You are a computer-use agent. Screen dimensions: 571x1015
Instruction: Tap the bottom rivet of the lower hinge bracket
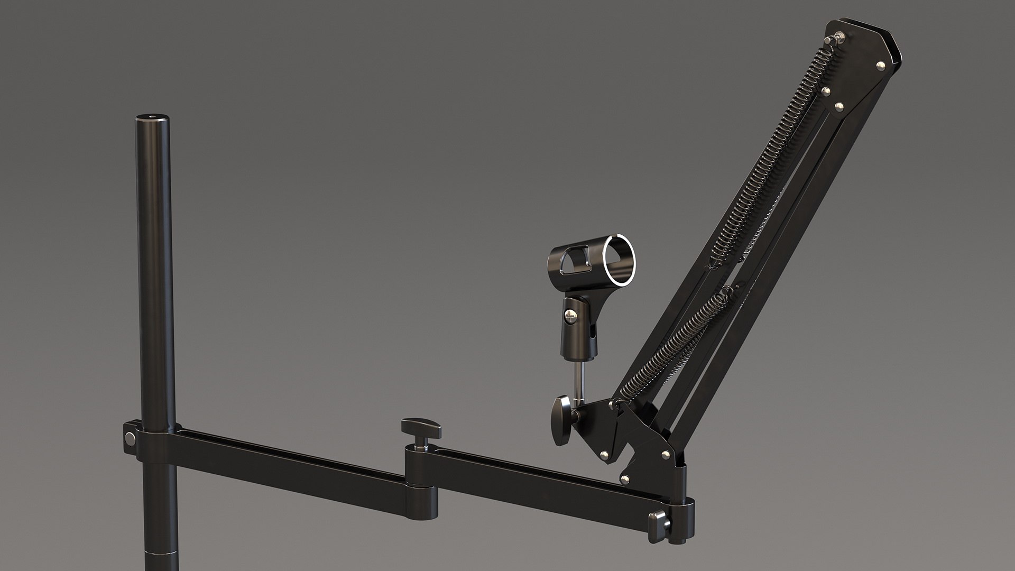click(625, 479)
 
